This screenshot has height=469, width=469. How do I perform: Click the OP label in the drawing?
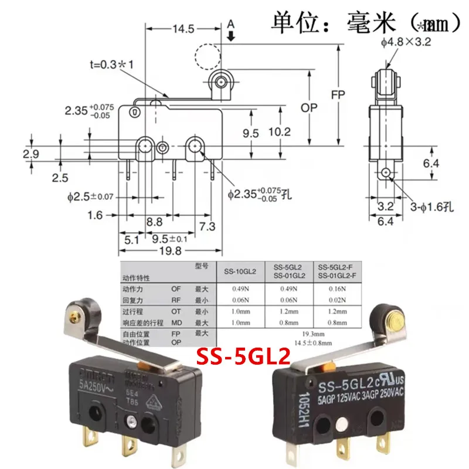tap(310, 108)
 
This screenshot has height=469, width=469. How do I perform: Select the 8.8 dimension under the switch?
tap(155, 223)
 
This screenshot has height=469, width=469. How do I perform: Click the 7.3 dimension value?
tap(206, 226)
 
